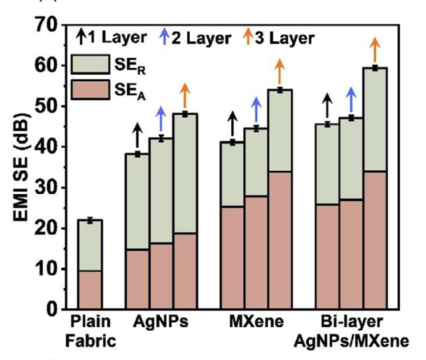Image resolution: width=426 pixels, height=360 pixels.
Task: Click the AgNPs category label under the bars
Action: [160, 323]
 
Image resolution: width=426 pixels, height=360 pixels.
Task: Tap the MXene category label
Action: [256, 323]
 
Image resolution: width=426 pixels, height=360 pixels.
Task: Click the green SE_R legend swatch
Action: [87, 64]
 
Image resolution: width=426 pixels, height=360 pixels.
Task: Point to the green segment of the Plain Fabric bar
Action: [90, 245]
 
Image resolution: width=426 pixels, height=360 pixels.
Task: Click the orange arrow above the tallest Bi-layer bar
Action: [375, 50]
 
